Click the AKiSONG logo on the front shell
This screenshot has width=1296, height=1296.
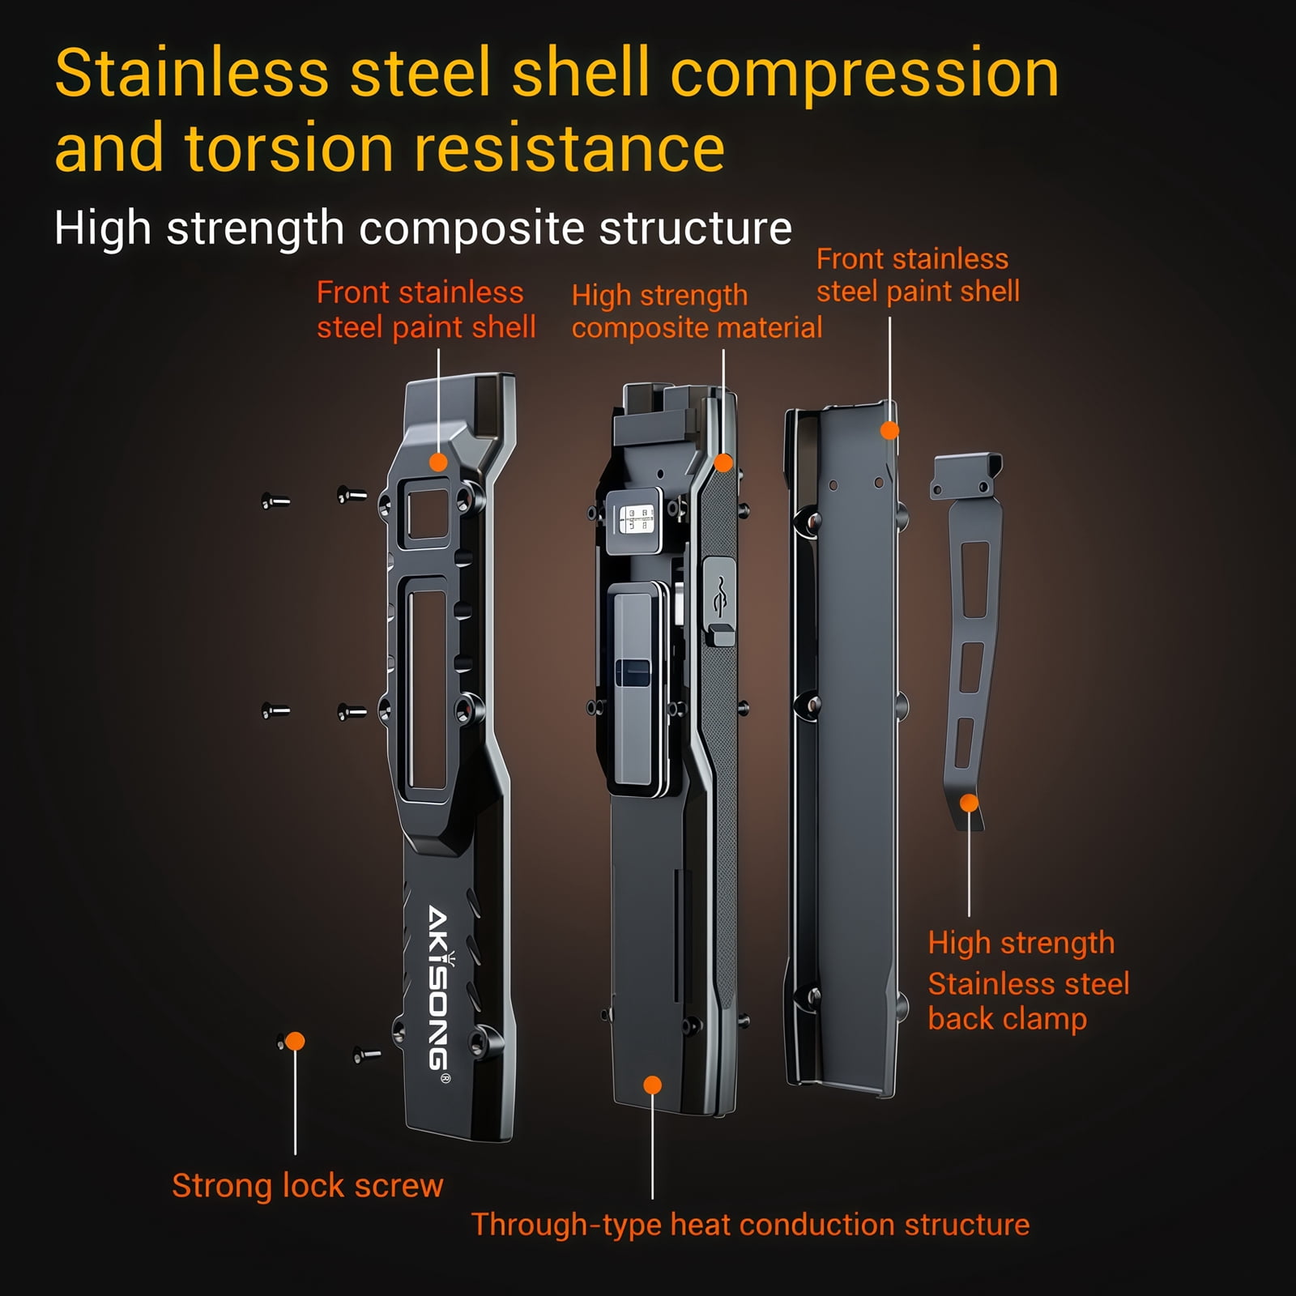(439, 989)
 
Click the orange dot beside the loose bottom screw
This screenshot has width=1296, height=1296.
(295, 1041)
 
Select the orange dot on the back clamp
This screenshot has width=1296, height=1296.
(969, 803)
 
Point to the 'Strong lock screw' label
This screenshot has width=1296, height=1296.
(308, 1186)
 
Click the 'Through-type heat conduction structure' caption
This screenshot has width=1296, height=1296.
(750, 1224)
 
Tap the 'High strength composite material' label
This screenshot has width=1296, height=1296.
(697, 312)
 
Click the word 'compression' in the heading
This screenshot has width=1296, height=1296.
(864, 74)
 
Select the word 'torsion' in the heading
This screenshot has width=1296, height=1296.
(289, 148)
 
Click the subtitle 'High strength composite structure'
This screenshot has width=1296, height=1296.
(423, 228)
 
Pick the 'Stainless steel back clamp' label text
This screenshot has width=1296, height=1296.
(1028, 1001)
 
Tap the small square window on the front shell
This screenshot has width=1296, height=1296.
(427, 514)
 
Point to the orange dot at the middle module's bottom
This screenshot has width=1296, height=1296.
(652, 1085)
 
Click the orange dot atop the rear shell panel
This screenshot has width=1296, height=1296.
(889, 430)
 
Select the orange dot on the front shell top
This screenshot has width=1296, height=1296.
(438, 463)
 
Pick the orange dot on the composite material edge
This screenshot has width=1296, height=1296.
(723, 463)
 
